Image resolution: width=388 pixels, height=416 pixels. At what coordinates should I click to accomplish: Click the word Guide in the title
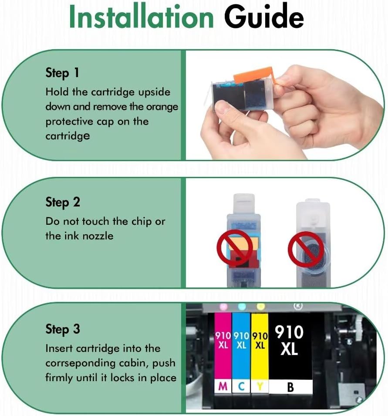(263, 18)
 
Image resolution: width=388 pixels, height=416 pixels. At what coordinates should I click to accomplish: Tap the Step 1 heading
(62, 73)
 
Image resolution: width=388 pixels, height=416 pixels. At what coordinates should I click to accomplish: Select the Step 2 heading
(63, 202)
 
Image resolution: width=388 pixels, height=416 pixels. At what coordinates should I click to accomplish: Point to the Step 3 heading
(63, 329)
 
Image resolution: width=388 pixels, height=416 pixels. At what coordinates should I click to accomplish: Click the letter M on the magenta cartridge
(223, 386)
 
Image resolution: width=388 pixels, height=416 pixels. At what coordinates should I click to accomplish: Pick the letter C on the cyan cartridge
(241, 386)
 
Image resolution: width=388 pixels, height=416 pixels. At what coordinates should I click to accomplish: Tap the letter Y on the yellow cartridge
(260, 386)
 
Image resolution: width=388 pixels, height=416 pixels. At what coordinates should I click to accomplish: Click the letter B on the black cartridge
(290, 386)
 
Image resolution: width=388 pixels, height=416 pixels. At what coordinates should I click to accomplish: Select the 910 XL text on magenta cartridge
(223, 340)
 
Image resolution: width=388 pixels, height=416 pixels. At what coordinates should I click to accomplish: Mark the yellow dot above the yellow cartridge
(261, 307)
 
